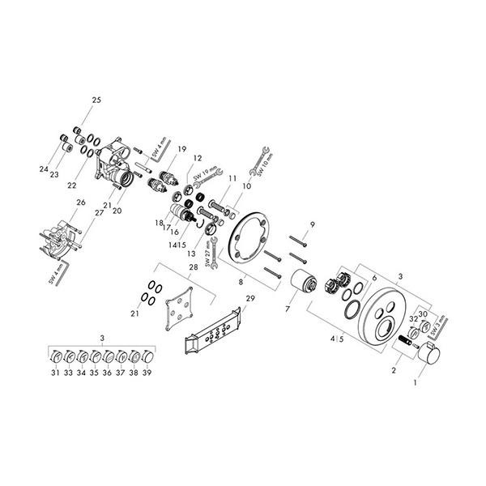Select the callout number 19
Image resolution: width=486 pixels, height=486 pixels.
(182, 148)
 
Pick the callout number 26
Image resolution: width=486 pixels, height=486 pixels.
(81, 202)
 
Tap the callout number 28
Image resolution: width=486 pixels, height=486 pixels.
(193, 266)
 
